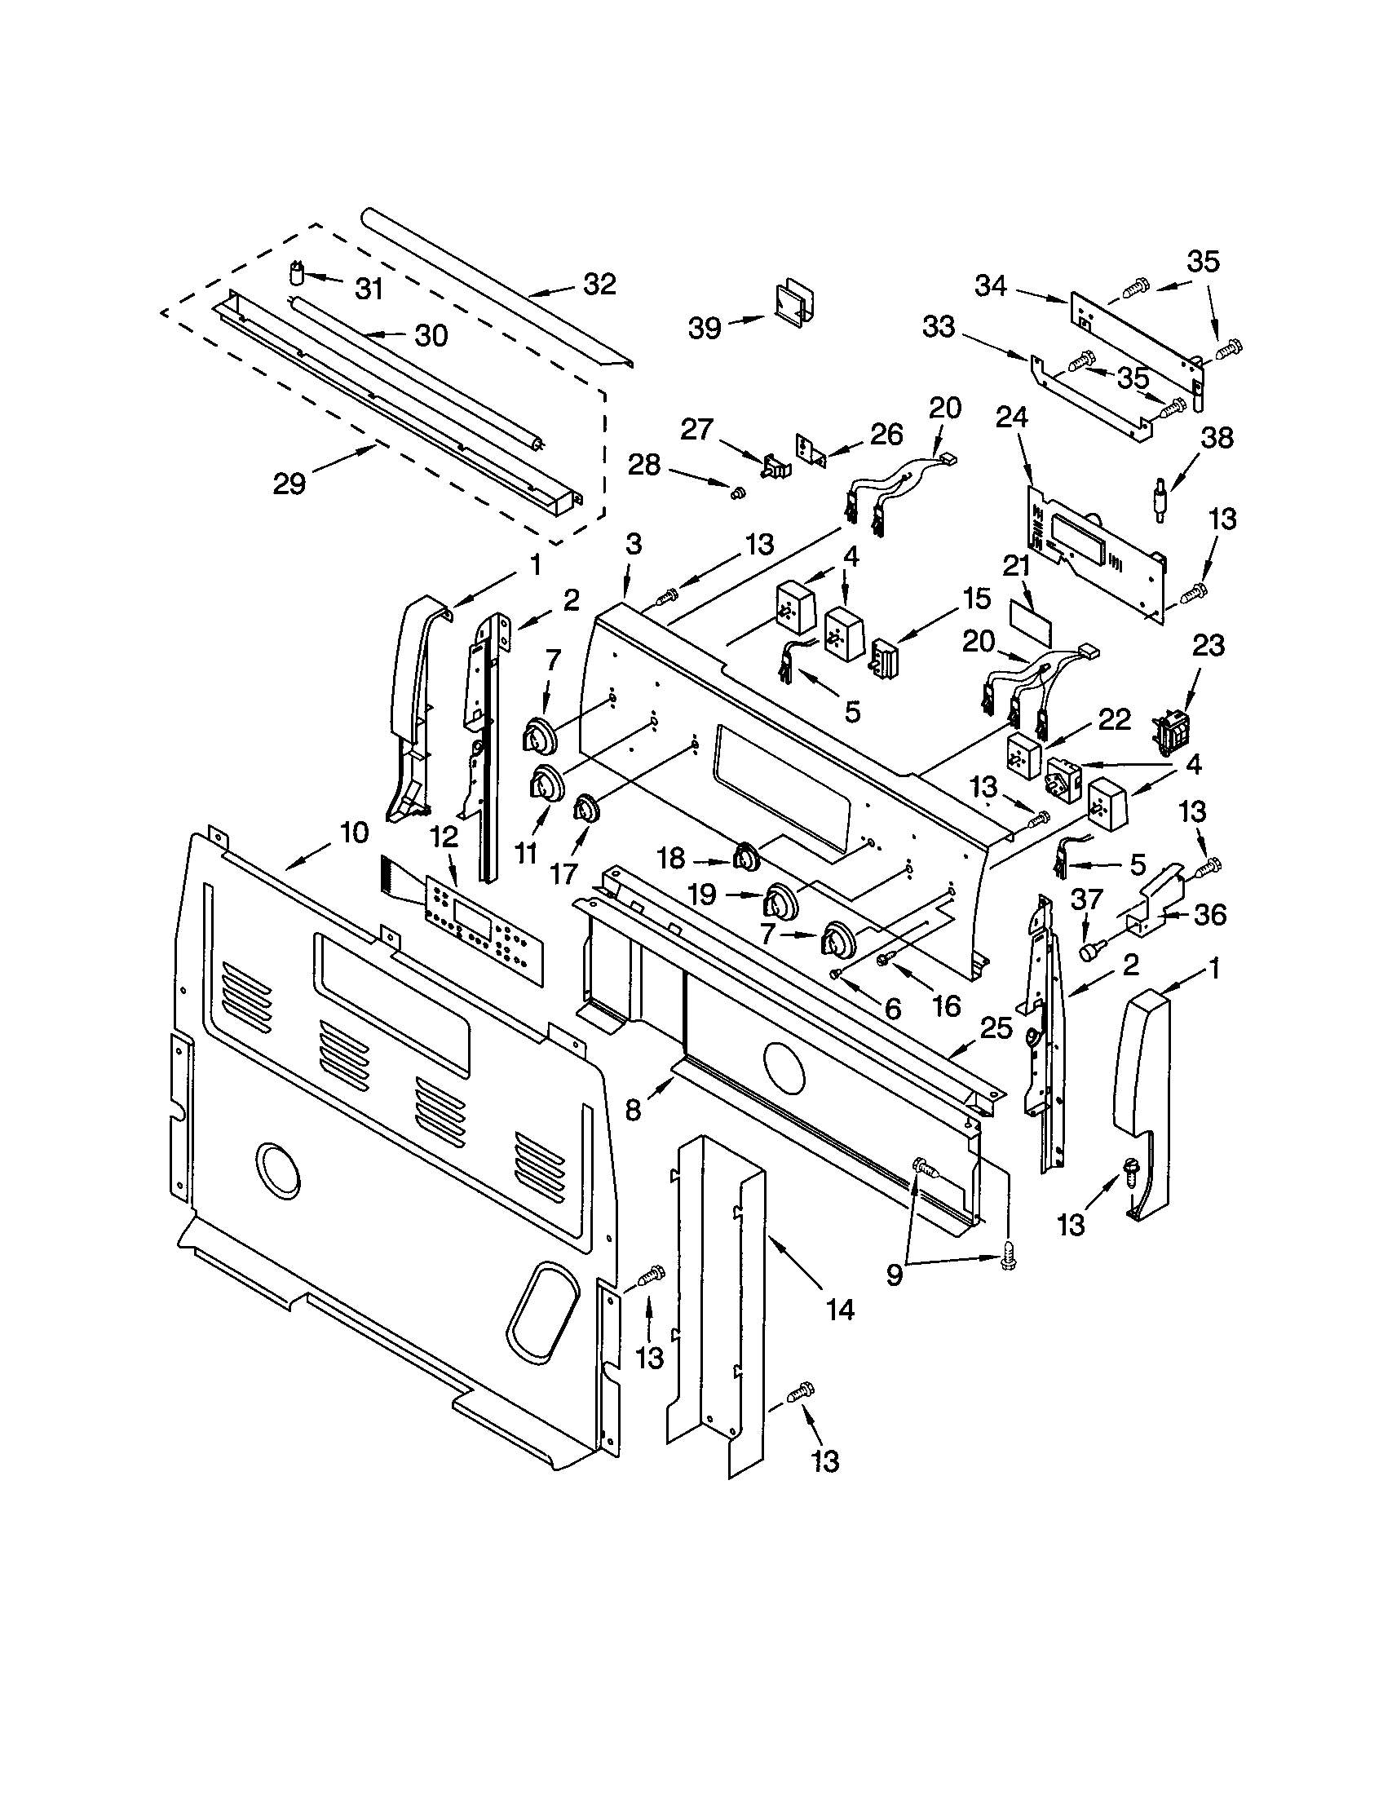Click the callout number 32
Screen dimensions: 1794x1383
point(599,285)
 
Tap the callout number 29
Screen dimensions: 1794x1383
point(289,484)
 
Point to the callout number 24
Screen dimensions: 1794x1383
point(1012,418)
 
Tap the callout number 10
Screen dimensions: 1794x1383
point(354,833)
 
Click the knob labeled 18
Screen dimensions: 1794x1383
point(745,857)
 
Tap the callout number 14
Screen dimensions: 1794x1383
point(840,1310)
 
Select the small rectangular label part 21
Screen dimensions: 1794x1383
point(1029,627)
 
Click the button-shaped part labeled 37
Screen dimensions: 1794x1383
point(1089,951)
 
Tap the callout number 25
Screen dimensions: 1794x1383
point(996,1027)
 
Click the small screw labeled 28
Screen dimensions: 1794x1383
point(736,491)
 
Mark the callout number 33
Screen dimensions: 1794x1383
point(939,326)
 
